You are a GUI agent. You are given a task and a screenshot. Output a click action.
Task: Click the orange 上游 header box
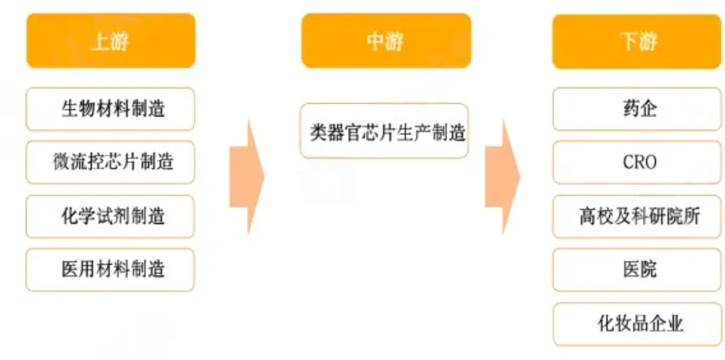pos(111,41)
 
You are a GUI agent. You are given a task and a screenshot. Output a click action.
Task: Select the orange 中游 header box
pos(385,41)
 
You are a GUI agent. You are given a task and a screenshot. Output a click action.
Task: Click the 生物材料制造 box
pos(111,109)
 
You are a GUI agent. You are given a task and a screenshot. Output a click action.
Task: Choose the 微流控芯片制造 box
pos(111,163)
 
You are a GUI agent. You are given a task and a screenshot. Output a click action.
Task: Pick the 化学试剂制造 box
pos(111,216)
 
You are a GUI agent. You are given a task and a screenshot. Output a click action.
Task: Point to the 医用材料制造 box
pos(111,270)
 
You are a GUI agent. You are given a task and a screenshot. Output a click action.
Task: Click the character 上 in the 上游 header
pos(100,41)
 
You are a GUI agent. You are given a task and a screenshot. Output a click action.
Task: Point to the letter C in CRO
pos(626,163)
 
